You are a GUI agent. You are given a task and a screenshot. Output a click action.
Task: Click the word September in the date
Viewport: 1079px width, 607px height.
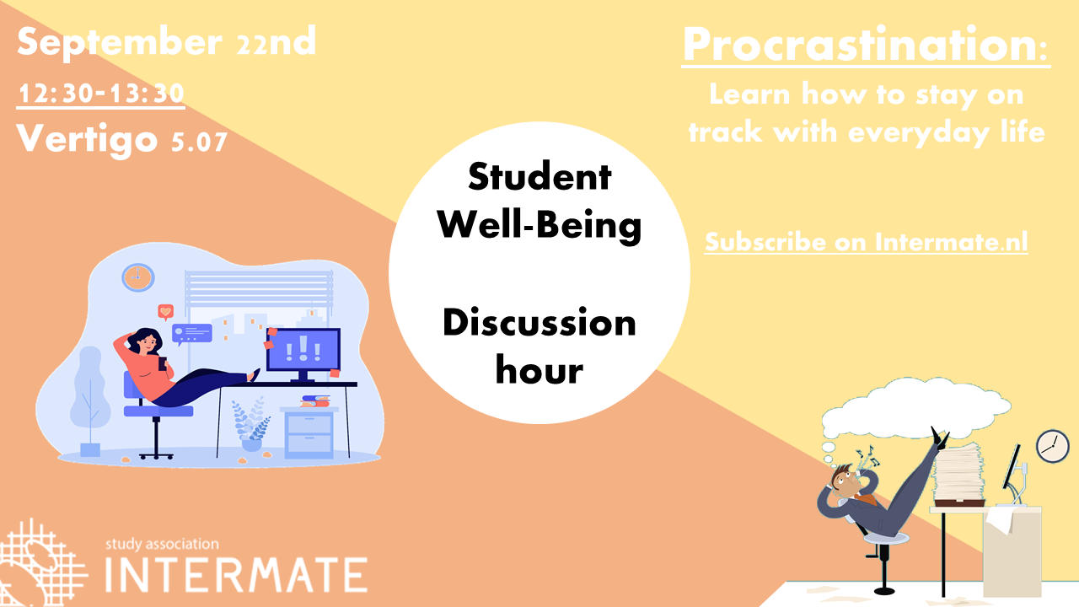[x=120, y=43]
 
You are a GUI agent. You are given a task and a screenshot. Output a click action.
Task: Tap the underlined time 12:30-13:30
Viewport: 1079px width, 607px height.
[x=101, y=94]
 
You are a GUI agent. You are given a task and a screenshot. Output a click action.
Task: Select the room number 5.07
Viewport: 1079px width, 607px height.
[x=200, y=142]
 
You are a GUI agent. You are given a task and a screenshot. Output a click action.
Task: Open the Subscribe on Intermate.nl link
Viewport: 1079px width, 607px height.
[x=866, y=242]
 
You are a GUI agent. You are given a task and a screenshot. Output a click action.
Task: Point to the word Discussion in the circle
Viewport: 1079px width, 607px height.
[x=539, y=322]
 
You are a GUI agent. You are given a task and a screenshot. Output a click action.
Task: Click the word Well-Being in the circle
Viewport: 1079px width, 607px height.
[x=539, y=225]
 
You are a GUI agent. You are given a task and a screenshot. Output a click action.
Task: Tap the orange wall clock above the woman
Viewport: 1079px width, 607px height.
[x=138, y=277]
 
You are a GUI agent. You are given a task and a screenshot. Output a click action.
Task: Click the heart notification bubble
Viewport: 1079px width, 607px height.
[x=166, y=312]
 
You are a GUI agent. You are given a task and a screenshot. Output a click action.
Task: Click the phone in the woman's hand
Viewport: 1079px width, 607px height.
[x=163, y=363]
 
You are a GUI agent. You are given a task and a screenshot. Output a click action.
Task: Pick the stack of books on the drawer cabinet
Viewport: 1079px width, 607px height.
[x=315, y=400]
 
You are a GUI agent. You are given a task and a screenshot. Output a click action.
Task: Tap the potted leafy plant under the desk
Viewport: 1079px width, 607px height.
[x=250, y=424]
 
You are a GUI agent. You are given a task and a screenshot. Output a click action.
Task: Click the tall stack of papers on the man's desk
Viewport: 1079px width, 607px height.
[x=958, y=472]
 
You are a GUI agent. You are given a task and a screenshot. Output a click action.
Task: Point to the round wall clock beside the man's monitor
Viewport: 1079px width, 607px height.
[x=1053, y=447]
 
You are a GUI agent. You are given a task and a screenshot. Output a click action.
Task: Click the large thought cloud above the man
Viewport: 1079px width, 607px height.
[x=915, y=410]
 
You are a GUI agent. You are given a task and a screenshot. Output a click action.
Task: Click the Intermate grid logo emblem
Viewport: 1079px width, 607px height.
[x=41, y=562]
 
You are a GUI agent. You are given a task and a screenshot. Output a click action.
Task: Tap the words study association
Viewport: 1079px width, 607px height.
[x=162, y=545]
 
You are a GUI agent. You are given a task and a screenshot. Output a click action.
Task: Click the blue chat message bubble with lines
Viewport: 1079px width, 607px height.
[x=192, y=334]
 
